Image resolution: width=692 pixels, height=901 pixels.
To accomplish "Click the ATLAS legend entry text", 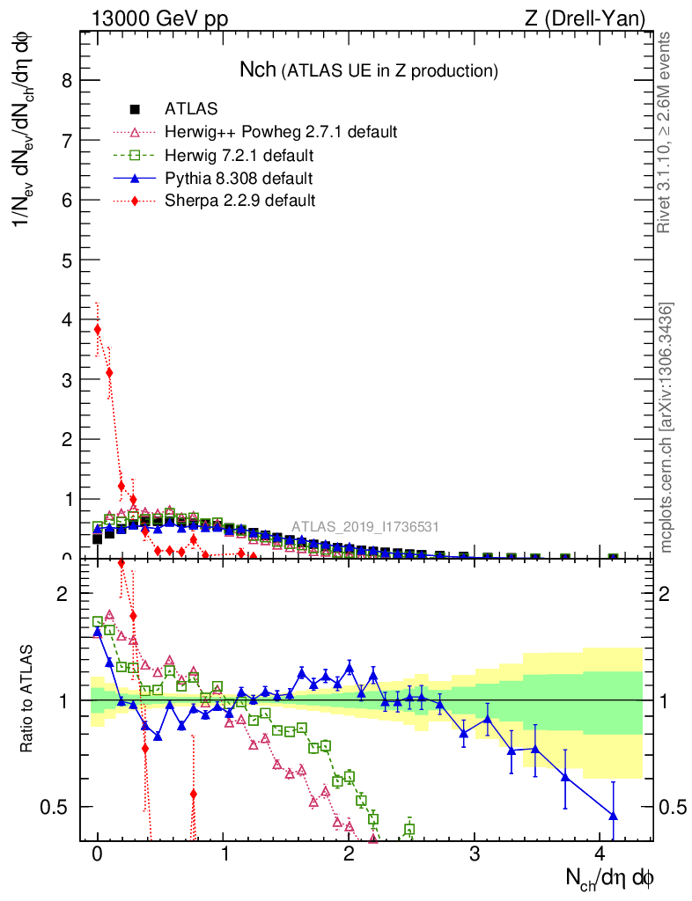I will pyautogui.click(x=192, y=109).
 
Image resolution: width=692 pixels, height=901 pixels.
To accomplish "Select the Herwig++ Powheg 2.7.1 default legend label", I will pyautogui.click(x=281, y=132).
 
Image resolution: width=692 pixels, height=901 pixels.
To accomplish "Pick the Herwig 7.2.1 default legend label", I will pyautogui.click(x=239, y=156).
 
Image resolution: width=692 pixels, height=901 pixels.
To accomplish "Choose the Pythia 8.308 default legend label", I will pyautogui.click(x=239, y=179).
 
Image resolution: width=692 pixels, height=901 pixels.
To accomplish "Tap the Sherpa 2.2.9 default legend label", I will pyautogui.click(x=239, y=201).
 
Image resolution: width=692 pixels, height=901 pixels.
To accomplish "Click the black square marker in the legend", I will pyautogui.click(x=135, y=109).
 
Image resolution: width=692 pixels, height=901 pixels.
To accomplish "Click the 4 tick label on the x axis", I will pyautogui.click(x=600, y=854).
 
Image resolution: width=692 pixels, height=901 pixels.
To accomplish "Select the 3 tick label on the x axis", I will pyautogui.click(x=475, y=854).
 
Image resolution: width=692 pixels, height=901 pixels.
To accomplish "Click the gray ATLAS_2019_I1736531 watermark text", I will pyautogui.click(x=365, y=527).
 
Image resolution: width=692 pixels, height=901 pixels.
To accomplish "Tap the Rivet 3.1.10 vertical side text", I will pyautogui.click(x=665, y=132).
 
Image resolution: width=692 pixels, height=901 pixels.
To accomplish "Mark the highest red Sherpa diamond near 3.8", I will pyautogui.click(x=98, y=329).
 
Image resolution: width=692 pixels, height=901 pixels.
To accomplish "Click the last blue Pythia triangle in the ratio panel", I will pyautogui.click(x=613, y=816).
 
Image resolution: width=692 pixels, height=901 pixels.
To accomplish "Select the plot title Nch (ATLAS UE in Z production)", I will pyautogui.click(x=369, y=70).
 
